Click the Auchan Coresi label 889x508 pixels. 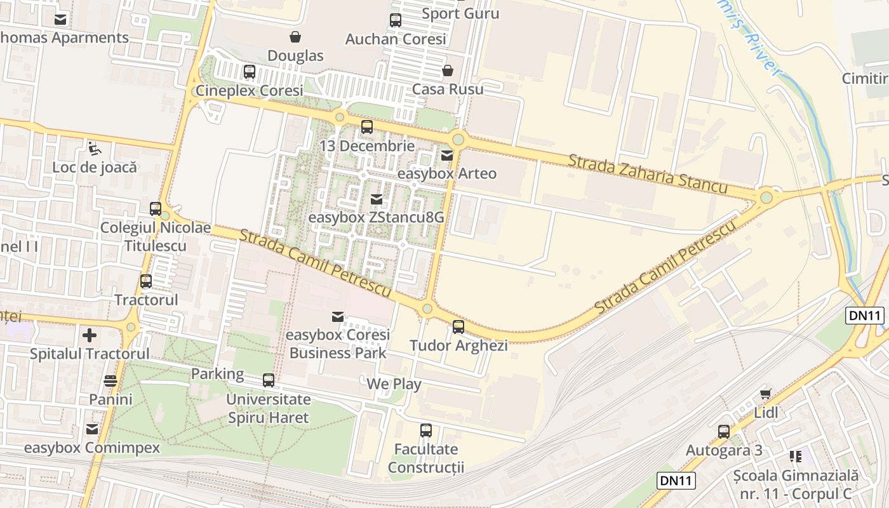pyautogui.click(x=396, y=39)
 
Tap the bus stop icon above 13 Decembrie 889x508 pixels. pyautogui.click(x=367, y=126)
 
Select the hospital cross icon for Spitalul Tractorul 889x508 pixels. pyautogui.click(x=90, y=335)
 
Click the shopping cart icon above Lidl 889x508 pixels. pyautogui.click(x=766, y=394)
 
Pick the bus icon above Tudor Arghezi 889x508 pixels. pyautogui.click(x=458, y=327)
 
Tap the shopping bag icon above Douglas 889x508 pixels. pyautogui.click(x=295, y=37)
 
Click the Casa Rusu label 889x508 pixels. pyautogui.click(x=448, y=89)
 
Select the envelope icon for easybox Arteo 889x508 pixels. pyautogui.click(x=448, y=155)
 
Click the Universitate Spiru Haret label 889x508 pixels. pyautogui.click(x=269, y=408)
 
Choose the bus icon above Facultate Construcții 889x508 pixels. pyautogui.click(x=426, y=431)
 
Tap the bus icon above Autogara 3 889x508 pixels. pyautogui.click(x=724, y=432)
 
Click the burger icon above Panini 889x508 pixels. pyautogui.click(x=110, y=381)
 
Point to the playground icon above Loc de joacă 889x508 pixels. pyautogui.click(x=95, y=149)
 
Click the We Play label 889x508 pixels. pyautogui.click(x=394, y=384)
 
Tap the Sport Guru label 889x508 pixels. pyautogui.click(x=460, y=13)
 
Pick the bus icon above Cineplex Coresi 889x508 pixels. pyautogui.click(x=250, y=72)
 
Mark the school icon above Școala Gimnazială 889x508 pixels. pyautogui.click(x=795, y=457)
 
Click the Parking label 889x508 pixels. pyautogui.click(x=218, y=373)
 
